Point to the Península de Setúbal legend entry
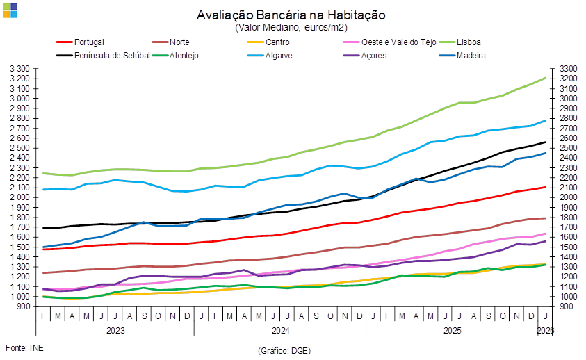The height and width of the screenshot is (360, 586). (x=111, y=55)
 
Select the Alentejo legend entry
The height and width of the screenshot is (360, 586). (x=184, y=55)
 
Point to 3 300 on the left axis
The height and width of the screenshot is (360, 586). (x=21, y=69)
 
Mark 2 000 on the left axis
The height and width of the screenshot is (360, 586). (x=21, y=197)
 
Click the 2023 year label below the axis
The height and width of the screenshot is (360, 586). (x=115, y=331)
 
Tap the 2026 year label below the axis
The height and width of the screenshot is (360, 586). (x=546, y=331)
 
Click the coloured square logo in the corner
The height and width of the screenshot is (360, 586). (x=10, y=10)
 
